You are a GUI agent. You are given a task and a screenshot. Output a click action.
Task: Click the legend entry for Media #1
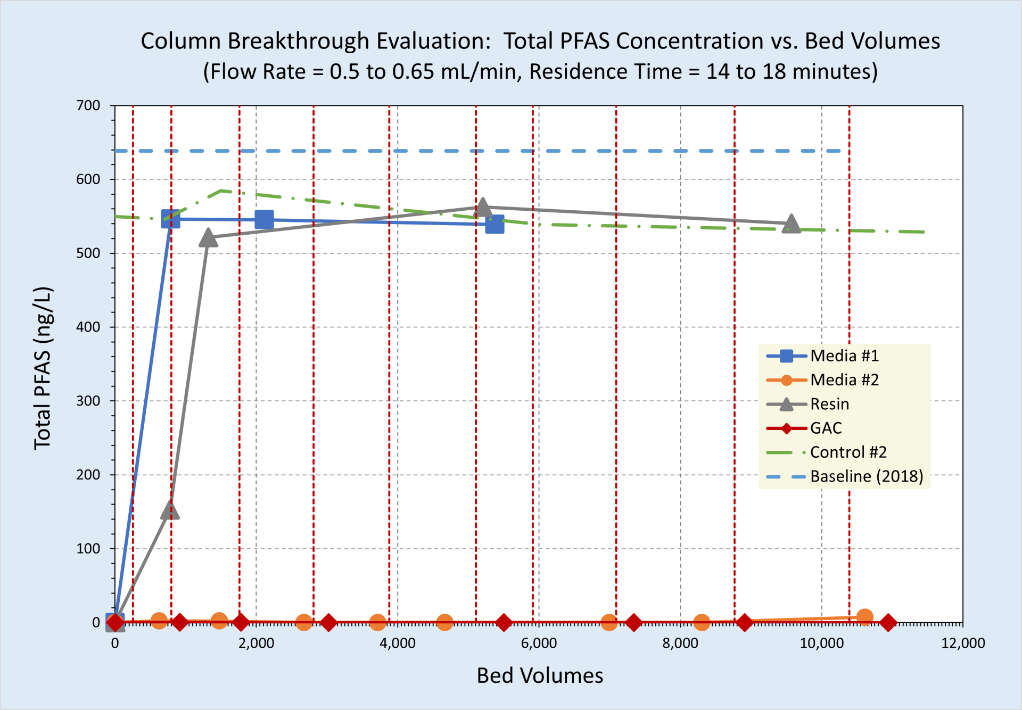[x=844, y=356]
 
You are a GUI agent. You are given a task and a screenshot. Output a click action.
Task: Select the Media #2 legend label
[x=844, y=380]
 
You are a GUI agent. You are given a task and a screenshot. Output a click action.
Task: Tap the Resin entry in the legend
[x=829, y=404]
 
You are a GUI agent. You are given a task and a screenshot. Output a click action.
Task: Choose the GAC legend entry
[x=826, y=428]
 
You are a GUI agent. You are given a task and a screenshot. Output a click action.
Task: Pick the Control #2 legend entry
[x=848, y=452]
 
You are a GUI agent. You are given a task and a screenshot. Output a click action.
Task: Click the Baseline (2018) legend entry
[x=866, y=476]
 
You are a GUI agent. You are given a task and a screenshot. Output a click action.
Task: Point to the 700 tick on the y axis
[x=88, y=105]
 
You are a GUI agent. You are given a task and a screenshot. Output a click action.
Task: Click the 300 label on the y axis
[x=88, y=401]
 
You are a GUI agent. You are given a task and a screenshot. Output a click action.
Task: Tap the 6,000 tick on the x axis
[x=539, y=643]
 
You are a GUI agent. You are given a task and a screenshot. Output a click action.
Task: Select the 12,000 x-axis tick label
[x=962, y=643]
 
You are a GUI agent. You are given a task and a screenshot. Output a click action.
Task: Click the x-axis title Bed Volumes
[x=540, y=676]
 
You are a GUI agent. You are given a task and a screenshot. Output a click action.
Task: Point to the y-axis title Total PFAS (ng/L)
[x=43, y=368]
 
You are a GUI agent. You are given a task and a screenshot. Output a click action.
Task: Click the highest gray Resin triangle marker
[x=482, y=207]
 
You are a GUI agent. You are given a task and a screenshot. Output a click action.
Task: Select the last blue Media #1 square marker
[x=494, y=225]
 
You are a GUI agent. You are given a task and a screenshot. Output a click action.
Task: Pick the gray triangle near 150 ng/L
[x=170, y=510]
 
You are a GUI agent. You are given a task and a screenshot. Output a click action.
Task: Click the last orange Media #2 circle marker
[x=865, y=617]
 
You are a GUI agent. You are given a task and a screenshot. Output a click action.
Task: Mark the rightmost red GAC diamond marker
[x=888, y=622]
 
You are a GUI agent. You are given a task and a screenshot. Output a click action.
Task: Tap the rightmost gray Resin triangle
[x=792, y=224]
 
